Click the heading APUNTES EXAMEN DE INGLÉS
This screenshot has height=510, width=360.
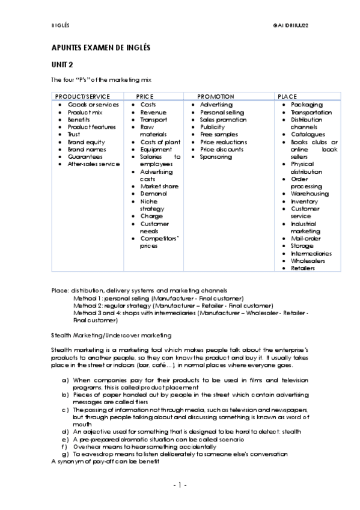(100, 47)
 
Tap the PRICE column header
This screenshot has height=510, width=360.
(145, 96)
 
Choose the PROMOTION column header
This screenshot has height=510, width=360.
(215, 96)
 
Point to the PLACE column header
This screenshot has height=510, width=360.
(287, 96)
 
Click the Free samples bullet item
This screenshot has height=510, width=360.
(219, 134)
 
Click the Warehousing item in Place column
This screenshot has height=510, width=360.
(310, 194)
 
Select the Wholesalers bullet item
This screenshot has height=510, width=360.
(309, 261)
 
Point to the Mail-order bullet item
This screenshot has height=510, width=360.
(306, 238)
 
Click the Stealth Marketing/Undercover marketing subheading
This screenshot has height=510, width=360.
(112, 334)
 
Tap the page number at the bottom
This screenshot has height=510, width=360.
(180, 485)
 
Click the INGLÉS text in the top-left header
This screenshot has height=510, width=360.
(61, 25)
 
